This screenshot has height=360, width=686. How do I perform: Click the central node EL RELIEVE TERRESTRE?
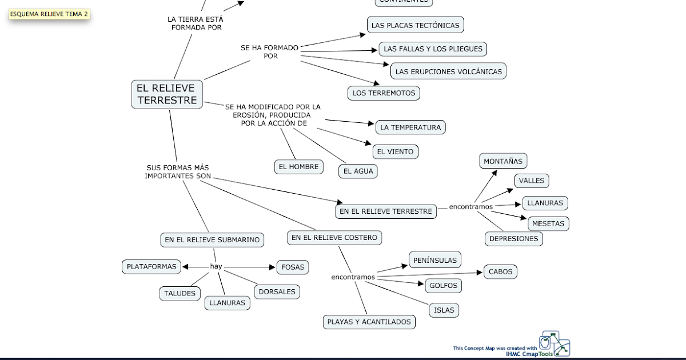pos(166,94)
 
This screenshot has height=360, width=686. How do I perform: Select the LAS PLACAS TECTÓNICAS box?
pos(415,25)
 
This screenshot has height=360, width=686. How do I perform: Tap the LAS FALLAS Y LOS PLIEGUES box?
pos(433,49)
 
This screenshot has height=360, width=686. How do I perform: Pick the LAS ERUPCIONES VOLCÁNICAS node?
pos(448,71)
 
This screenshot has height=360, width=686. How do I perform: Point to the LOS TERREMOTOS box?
pos(384,93)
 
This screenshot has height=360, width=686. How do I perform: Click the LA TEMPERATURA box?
pos(410,127)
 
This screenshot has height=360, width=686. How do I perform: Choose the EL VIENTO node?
pos(396,152)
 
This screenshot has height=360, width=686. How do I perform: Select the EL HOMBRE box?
pos(298,167)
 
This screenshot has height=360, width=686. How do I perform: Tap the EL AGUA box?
pos(358,171)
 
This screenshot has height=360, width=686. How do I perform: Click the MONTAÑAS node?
pos(502,162)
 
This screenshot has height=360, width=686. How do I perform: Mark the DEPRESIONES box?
pos(513,239)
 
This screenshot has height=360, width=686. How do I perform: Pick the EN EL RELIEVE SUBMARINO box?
pos(212,240)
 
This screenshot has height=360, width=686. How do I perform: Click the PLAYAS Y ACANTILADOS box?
pos(369,322)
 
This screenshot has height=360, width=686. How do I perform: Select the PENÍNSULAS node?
pos(434,260)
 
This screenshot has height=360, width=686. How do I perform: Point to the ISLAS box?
pos(444,310)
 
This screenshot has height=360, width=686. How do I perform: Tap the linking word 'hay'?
pos(216,267)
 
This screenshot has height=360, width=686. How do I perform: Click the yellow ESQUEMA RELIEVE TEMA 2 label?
pos(49,14)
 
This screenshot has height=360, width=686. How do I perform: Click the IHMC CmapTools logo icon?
pos(555,344)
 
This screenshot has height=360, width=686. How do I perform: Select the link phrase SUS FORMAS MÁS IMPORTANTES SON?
pos(177,171)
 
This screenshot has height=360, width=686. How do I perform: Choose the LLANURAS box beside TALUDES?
pos(227,303)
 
